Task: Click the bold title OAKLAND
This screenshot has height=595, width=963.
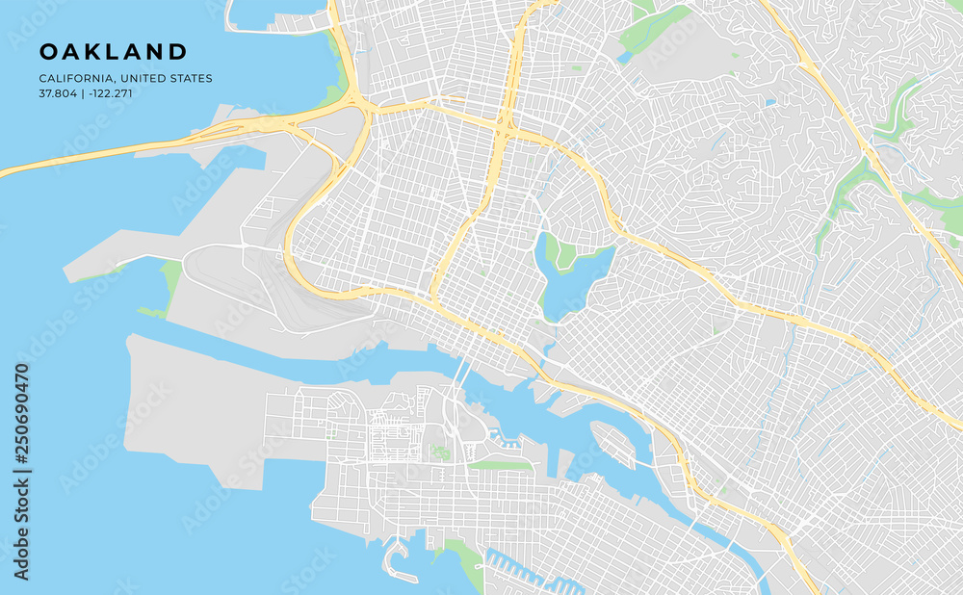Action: [113, 51]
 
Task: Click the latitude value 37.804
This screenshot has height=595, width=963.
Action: [58, 93]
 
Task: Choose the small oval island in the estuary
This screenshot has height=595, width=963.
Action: [612, 444]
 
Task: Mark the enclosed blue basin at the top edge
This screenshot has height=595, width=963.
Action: [274, 12]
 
